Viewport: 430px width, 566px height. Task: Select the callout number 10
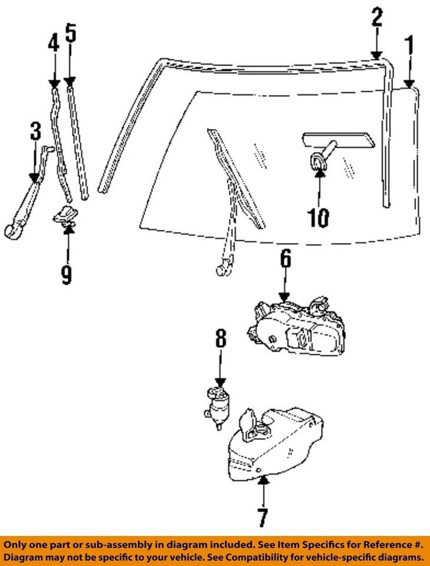click(x=319, y=218)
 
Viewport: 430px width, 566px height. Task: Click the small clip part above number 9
click(x=66, y=215)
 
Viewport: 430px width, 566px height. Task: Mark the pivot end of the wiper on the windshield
click(x=222, y=269)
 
